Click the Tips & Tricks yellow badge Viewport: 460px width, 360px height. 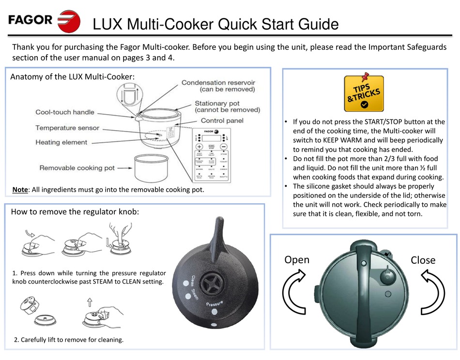point(364,94)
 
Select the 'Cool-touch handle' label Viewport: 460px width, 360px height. point(65,112)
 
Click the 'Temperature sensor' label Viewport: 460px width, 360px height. point(67,128)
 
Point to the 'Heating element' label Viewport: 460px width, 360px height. point(61,142)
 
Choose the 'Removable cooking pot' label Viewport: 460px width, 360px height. point(77,168)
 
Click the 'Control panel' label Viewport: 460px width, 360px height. point(222,120)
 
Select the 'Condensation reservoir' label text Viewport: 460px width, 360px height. point(218,83)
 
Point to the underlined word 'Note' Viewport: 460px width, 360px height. point(20,190)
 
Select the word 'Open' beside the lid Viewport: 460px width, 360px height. point(297,259)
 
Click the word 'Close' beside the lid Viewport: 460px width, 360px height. point(423,260)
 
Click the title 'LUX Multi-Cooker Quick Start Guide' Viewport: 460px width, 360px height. point(215,24)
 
